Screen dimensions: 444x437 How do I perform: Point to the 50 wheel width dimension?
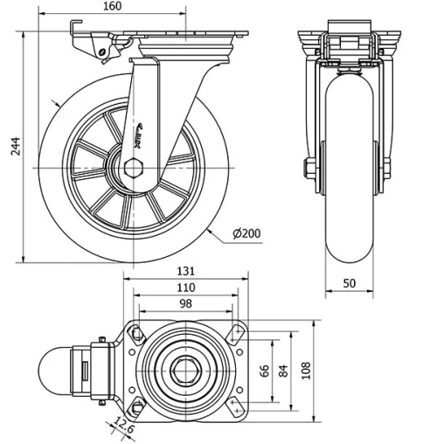[350, 281]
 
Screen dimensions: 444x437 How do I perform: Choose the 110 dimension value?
[184, 288]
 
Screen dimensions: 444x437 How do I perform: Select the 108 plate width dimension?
[304, 370]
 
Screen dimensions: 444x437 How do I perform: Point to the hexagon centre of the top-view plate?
[185, 370]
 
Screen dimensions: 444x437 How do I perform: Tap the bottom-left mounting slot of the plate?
[137, 407]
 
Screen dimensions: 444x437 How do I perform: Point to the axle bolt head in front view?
[309, 167]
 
